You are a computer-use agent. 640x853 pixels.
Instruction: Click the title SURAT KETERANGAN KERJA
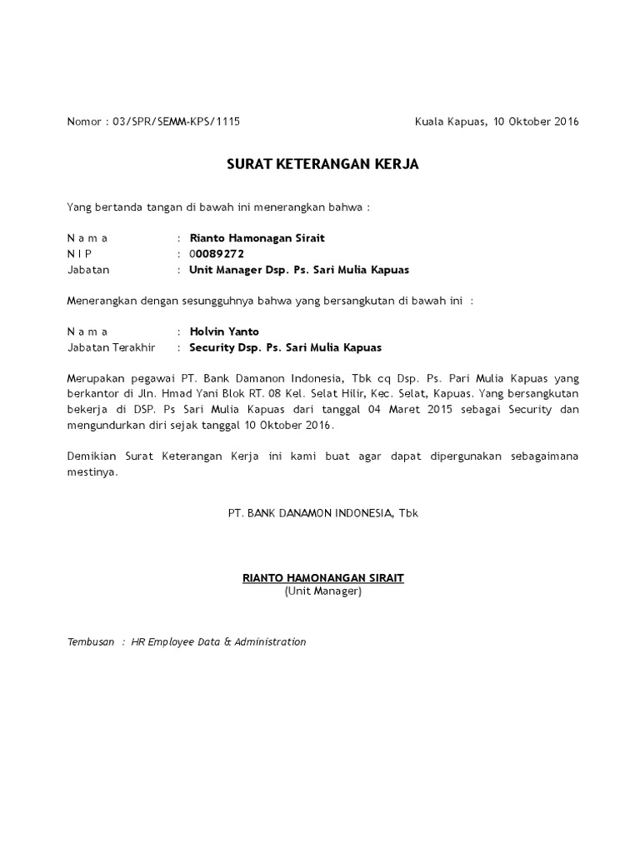click(x=322, y=165)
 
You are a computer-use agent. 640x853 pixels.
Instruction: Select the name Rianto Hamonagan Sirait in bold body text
click(x=257, y=238)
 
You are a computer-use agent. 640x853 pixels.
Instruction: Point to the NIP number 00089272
click(x=217, y=254)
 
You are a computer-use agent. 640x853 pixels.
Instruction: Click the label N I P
click(x=80, y=254)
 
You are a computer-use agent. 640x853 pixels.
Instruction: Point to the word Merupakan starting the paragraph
click(x=94, y=379)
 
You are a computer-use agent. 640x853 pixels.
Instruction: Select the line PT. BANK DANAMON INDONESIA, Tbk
click(x=322, y=513)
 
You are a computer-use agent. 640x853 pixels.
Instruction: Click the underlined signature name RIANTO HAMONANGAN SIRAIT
click(x=322, y=576)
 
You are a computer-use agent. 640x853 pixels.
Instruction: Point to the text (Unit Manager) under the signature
click(x=322, y=591)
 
